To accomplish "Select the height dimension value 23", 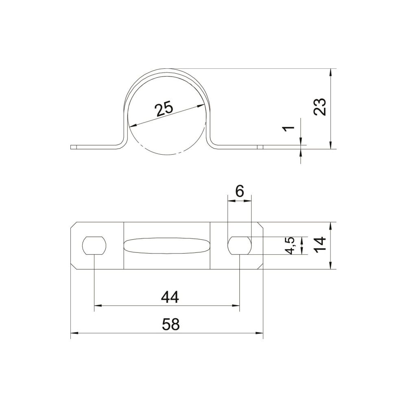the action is tap(319, 107).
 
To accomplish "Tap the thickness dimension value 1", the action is tap(289, 128).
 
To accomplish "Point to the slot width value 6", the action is tap(240, 192).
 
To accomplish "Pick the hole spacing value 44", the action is tap(170, 297).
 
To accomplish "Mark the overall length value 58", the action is tap(171, 324).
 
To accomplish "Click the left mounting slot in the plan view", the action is tap(94, 245).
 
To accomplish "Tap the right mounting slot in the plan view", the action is tap(240, 245).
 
